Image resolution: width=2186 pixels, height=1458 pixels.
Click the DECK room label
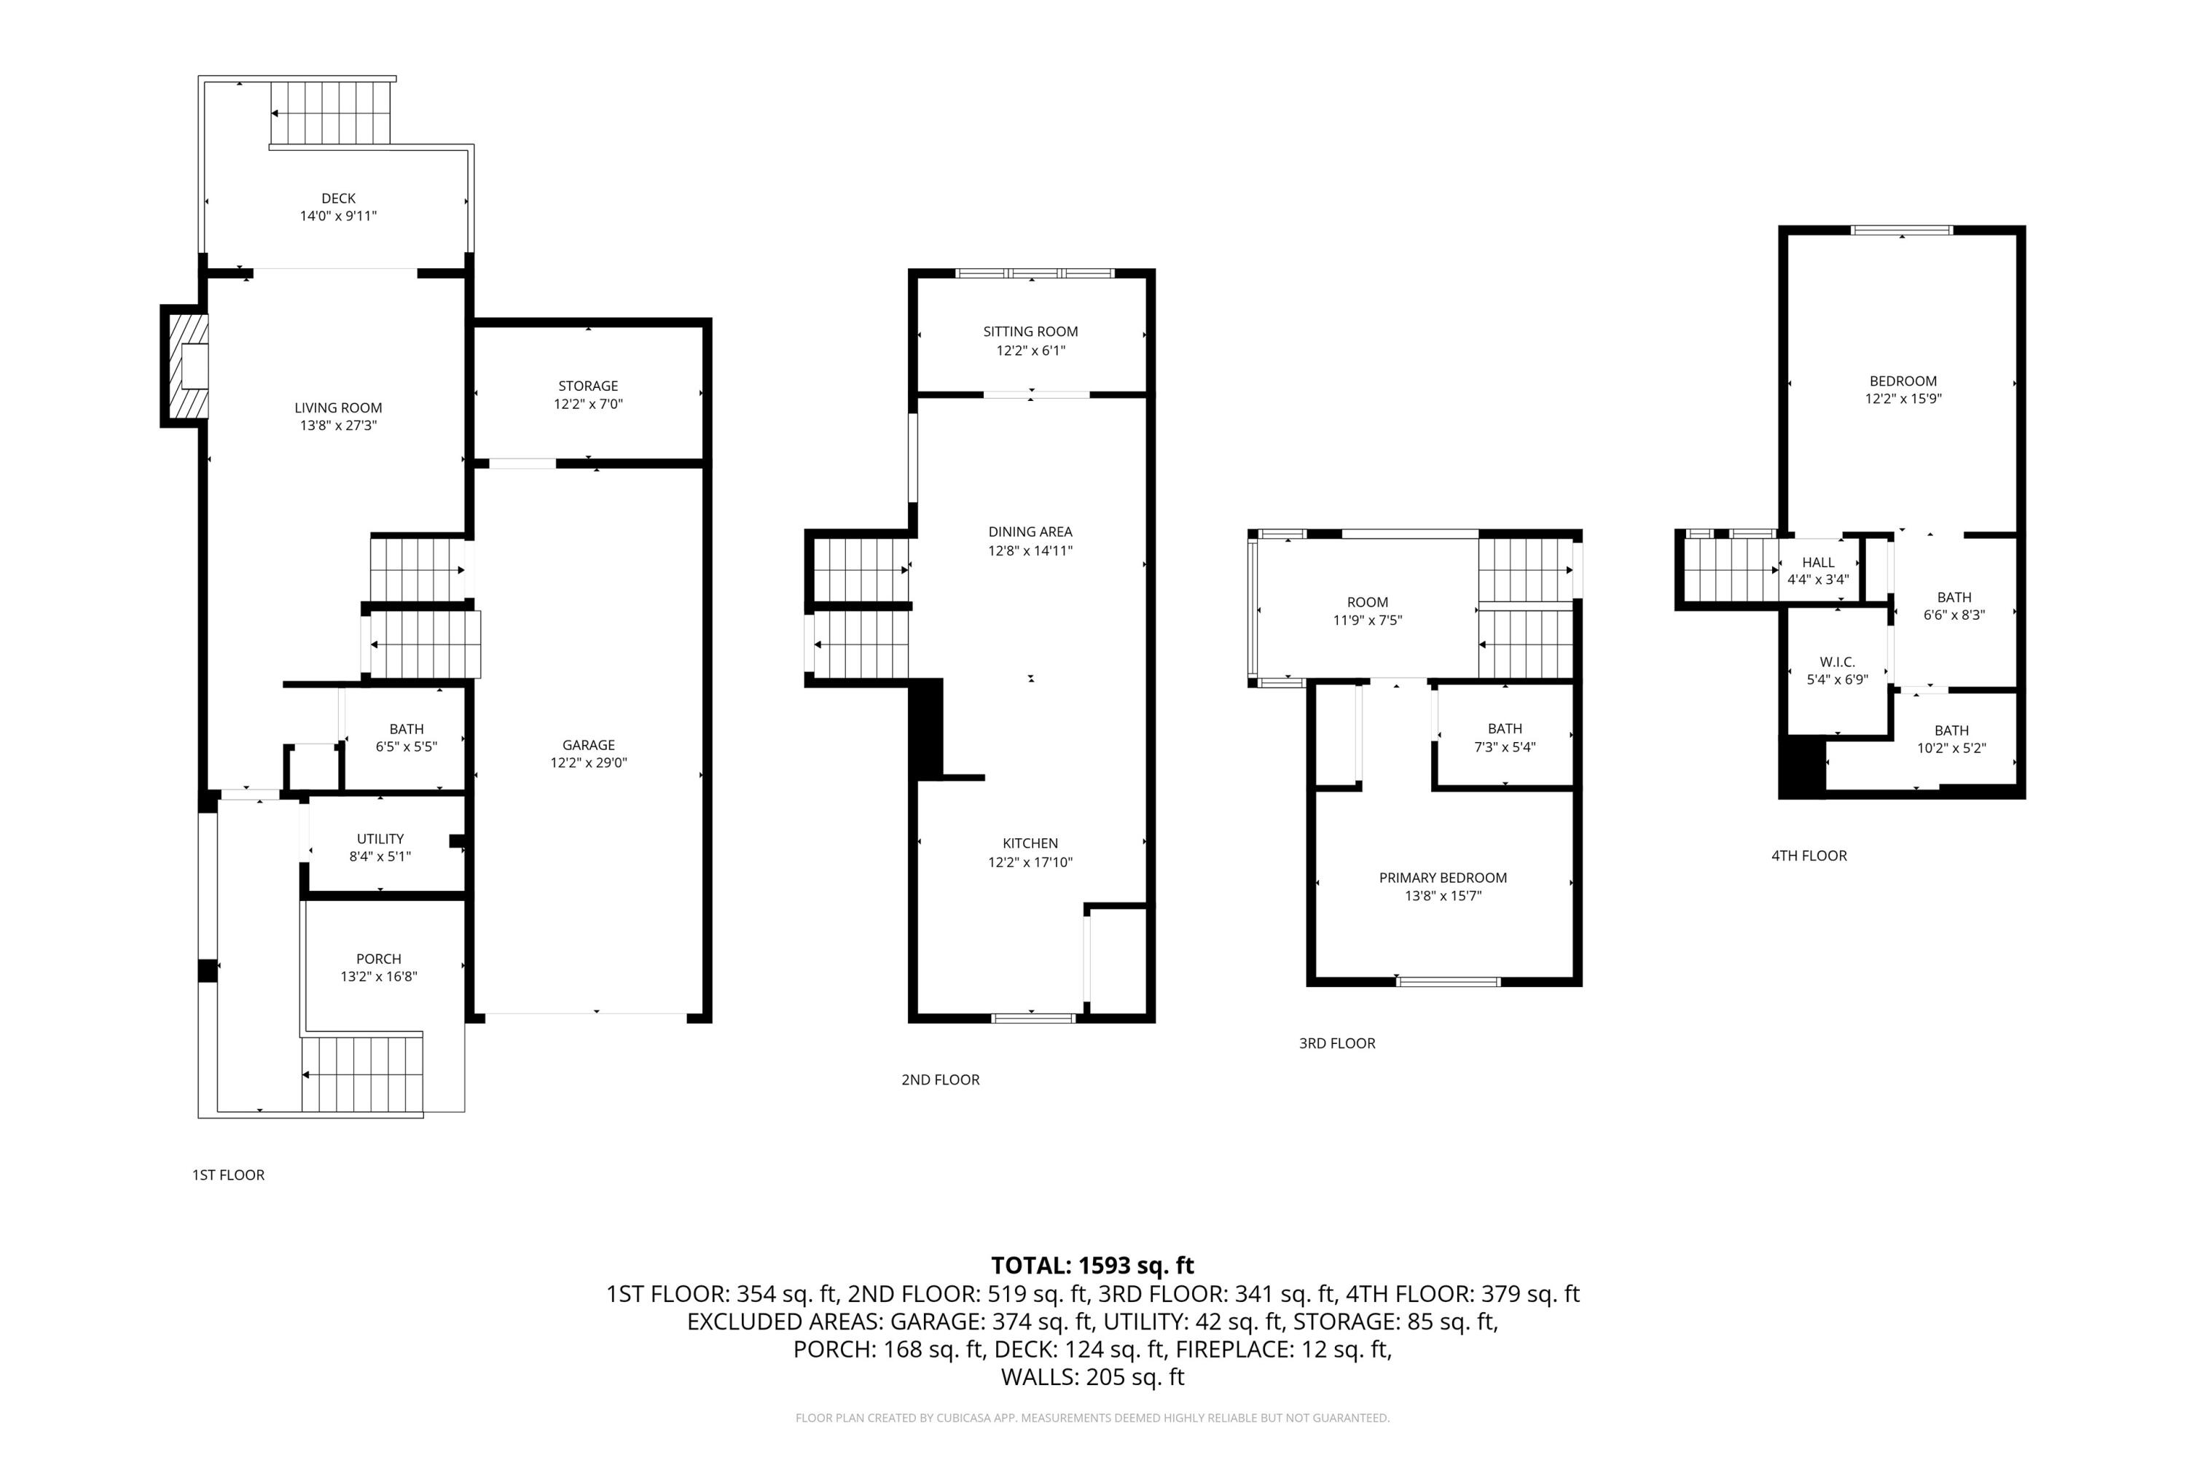coord(338,198)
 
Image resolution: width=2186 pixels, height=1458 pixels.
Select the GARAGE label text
coord(588,745)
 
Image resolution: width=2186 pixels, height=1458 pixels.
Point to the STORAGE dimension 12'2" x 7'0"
coord(588,405)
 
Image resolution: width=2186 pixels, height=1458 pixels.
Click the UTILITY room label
coord(380,839)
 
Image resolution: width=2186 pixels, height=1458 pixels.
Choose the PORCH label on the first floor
coord(378,959)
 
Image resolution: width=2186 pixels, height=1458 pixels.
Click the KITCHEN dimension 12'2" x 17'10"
coord(1030,862)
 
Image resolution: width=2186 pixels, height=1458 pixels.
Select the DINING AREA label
coord(1030,532)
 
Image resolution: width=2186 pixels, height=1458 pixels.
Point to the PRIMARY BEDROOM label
coord(1443,878)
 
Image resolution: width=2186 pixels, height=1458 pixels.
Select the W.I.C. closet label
coord(1836,662)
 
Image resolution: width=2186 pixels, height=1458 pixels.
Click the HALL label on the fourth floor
coord(1818,563)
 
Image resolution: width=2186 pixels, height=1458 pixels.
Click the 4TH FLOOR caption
coord(1809,855)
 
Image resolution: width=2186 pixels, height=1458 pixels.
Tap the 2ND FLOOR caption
coord(940,1080)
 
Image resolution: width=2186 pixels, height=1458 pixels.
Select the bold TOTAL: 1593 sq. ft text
coord(1092,1266)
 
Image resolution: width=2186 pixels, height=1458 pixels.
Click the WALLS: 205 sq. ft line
coord(1092,1377)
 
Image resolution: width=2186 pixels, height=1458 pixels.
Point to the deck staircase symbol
coord(331,112)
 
